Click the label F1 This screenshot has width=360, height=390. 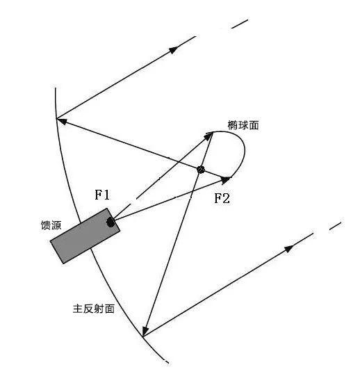pyautogui.click(x=102, y=195)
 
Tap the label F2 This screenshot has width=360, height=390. pyautogui.click(x=222, y=198)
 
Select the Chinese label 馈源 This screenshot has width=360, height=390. pyautogui.click(x=51, y=225)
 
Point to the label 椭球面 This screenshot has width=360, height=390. pyautogui.click(x=243, y=125)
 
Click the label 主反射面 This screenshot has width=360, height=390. pyautogui.click(x=94, y=309)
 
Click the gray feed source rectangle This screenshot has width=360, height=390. pyautogui.click(x=85, y=236)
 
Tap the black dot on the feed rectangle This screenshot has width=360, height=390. pyautogui.click(x=111, y=222)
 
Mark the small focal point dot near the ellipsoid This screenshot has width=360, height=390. pyautogui.click(x=201, y=170)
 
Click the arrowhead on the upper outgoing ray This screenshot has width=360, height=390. pyautogui.click(x=173, y=50)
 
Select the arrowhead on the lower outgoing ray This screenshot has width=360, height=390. pyautogui.click(x=289, y=248)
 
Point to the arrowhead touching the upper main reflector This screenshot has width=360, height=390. pyautogui.click(x=62, y=121)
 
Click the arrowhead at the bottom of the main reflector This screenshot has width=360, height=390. pyautogui.click(x=145, y=331)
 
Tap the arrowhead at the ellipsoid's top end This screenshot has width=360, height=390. pyautogui.click(x=208, y=136)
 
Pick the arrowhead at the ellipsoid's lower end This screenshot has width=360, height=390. pyautogui.click(x=225, y=179)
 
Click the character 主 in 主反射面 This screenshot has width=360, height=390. pyautogui.click(x=78, y=309)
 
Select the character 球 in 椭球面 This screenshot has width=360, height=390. pyautogui.click(x=243, y=125)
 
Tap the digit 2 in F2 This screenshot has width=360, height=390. pyautogui.click(x=226, y=198)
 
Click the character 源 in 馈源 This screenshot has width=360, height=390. pyautogui.click(x=56, y=225)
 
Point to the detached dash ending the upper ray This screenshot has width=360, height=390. pyautogui.click(x=240, y=24)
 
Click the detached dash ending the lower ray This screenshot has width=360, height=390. pyautogui.click(x=336, y=226)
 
